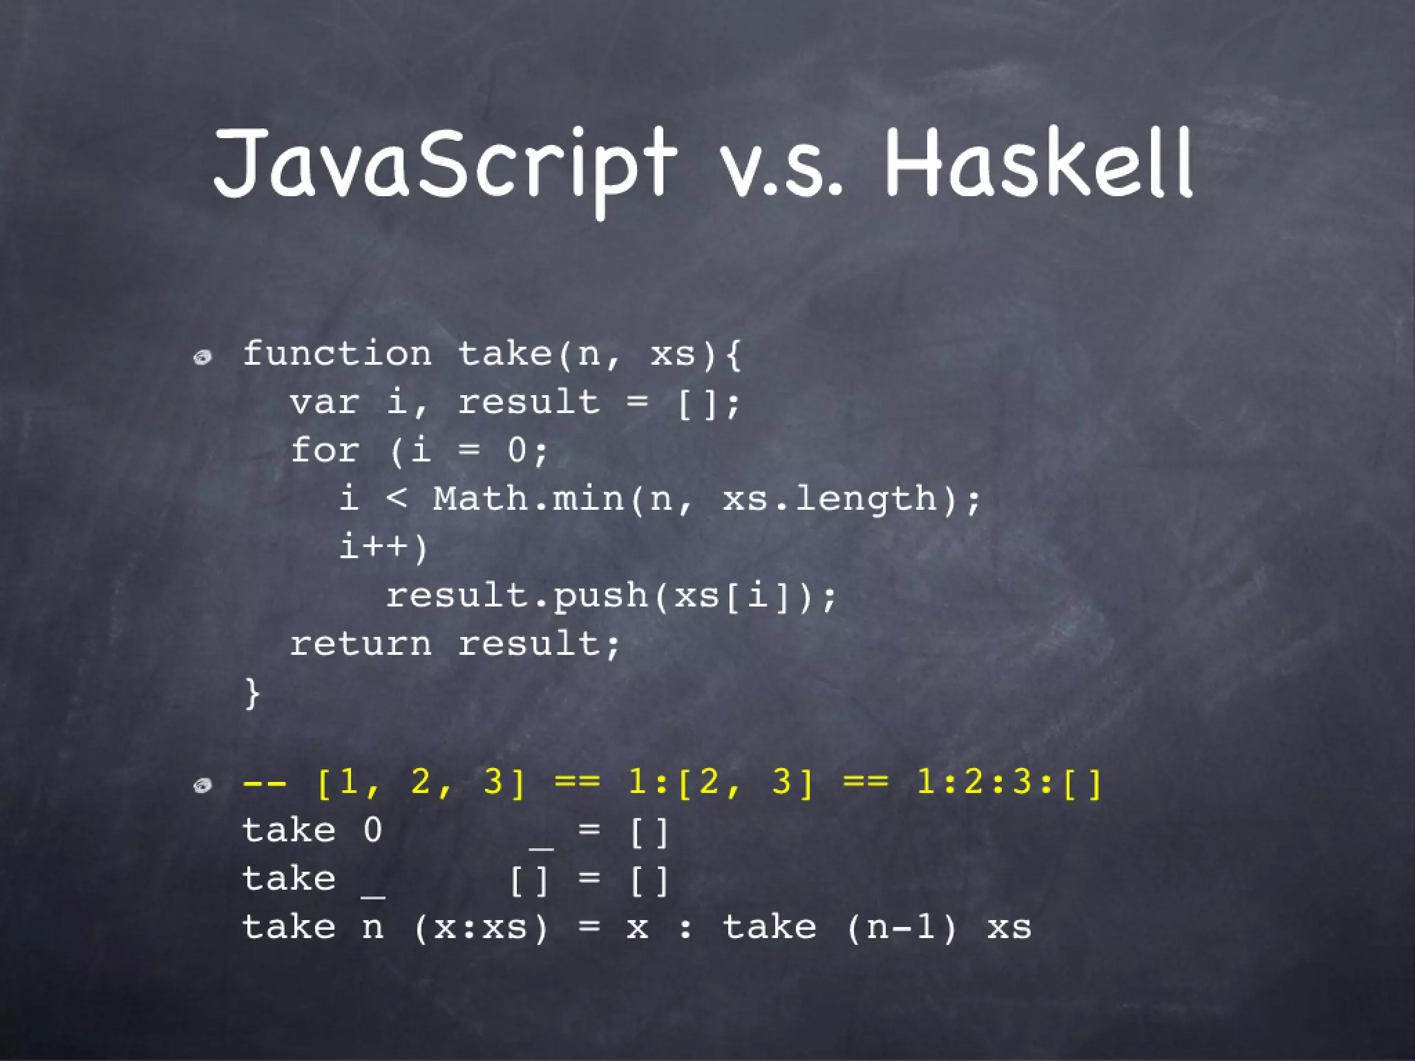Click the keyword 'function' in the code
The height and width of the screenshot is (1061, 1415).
(337, 354)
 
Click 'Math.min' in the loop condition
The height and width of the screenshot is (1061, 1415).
(529, 499)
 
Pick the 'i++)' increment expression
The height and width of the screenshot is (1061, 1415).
(384, 547)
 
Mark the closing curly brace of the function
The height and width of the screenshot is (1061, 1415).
(252, 692)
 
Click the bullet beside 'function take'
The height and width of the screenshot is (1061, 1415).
(202, 357)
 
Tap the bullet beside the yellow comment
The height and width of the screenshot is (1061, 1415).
(202, 785)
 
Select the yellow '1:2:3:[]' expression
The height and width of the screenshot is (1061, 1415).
(1009, 783)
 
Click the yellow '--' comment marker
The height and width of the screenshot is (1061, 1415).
(265, 783)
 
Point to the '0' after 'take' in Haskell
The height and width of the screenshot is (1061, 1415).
(372, 830)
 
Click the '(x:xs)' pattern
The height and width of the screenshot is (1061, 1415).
(481, 927)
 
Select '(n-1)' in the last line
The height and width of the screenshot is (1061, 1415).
(902, 927)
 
